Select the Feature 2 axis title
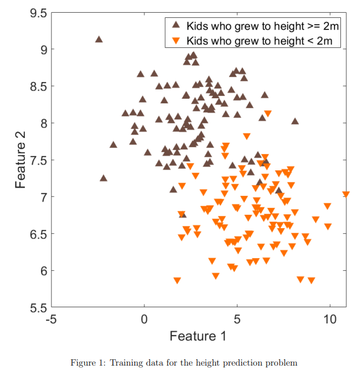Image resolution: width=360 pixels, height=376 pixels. point(21,160)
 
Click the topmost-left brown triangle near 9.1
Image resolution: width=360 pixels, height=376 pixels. point(99,39)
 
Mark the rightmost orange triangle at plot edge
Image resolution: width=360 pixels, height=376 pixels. point(346,195)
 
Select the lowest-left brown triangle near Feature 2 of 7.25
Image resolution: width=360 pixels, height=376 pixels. point(103,178)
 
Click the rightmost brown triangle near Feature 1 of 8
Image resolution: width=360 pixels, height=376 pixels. point(295,121)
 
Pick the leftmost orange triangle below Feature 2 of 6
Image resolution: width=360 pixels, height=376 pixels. point(177,281)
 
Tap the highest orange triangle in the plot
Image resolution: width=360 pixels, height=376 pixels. point(267,114)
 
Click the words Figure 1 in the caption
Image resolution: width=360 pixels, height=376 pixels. point(87,363)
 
